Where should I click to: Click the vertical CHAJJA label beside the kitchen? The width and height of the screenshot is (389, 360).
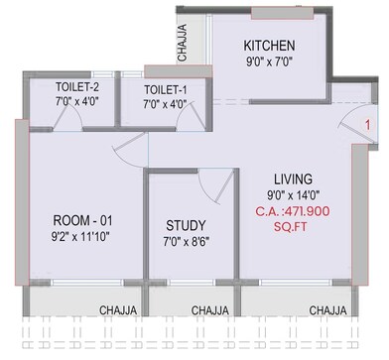pos(181,44)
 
